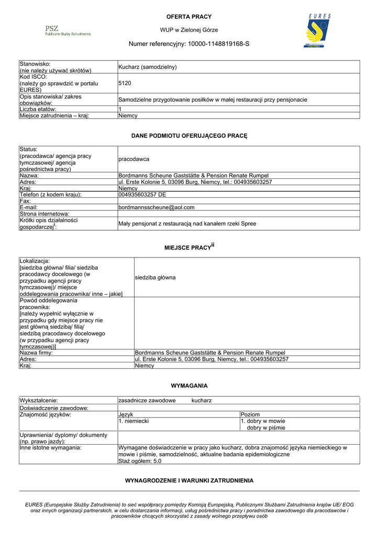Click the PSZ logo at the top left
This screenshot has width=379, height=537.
coord(68,30)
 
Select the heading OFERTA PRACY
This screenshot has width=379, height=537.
coord(189,17)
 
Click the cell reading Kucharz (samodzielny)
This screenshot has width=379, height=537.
coord(148,67)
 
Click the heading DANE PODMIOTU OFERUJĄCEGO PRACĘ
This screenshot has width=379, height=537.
coord(189,136)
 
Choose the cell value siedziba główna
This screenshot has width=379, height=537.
coord(155,277)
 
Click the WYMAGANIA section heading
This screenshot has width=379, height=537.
coord(189,385)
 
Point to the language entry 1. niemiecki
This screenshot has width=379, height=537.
coord(134,421)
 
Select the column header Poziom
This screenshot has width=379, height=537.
coord(250,414)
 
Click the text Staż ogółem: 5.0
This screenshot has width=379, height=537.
coord(140,461)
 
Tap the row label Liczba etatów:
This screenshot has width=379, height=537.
coord(42,109)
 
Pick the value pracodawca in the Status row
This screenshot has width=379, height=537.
coord(133,159)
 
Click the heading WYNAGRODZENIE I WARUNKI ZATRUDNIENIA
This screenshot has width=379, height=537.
coord(189,480)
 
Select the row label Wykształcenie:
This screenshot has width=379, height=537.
coord(39,400)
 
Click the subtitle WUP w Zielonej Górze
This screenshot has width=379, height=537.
coord(189,30)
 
